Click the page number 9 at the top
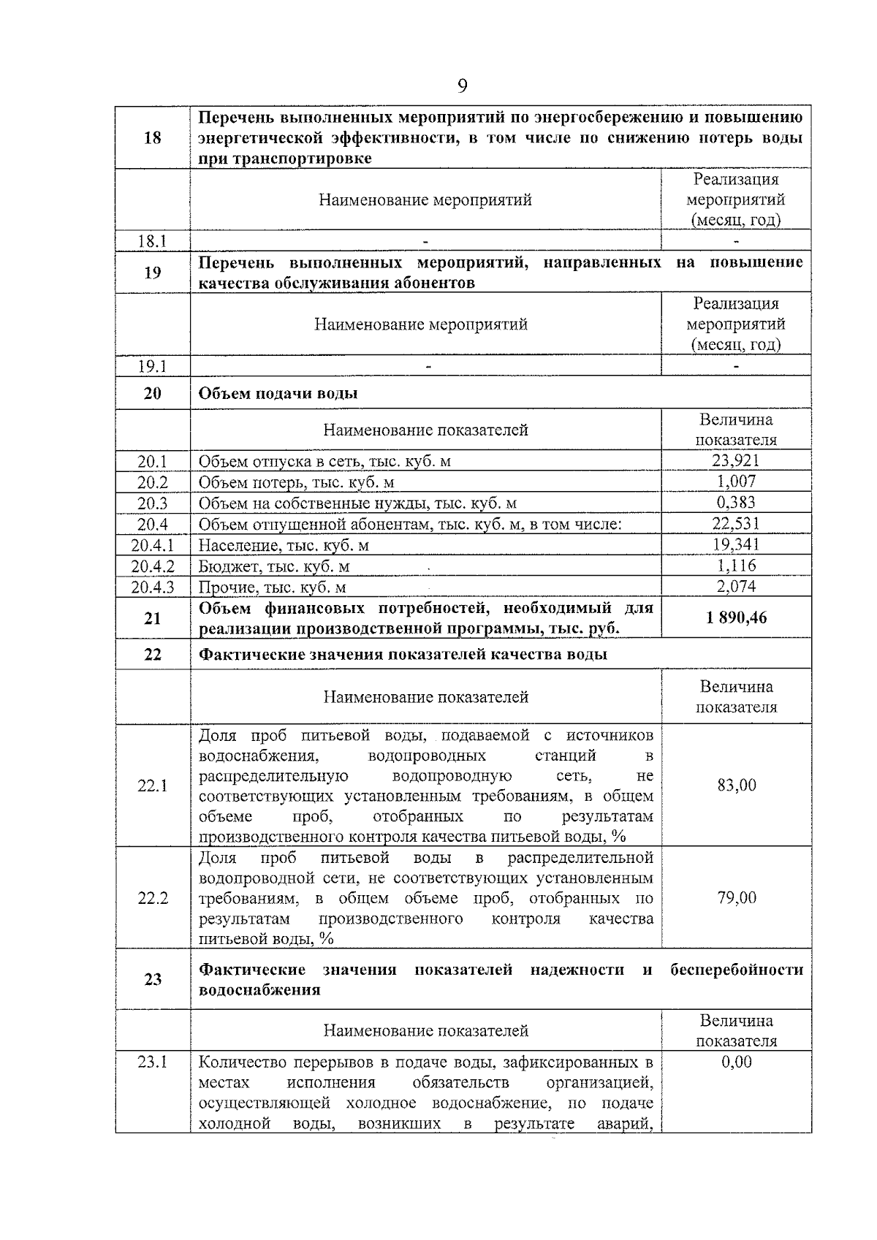click(x=462, y=87)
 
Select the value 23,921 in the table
click(x=735, y=460)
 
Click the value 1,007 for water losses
click(x=735, y=482)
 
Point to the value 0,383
click(x=735, y=503)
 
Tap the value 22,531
click(x=735, y=523)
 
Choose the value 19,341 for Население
click(x=735, y=544)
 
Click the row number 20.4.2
click(x=153, y=566)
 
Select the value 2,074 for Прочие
click(x=735, y=586)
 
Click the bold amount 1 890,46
click(x=736, y=618)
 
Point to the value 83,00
click(x=736, y=786)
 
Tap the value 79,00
click(x=736, y=897)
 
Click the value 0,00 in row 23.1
click(x=736, y=1062)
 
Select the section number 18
click(x=153, y=137)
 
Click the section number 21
click(x=153, y=618)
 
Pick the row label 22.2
click(x=153, y=898)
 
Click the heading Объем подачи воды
click(x=278, y=393)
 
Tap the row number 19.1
click(x=153, y=366)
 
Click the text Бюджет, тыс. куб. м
click(x=274, y=566)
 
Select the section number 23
click(x=153, y=979)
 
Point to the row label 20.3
click(x=153, y=503)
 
